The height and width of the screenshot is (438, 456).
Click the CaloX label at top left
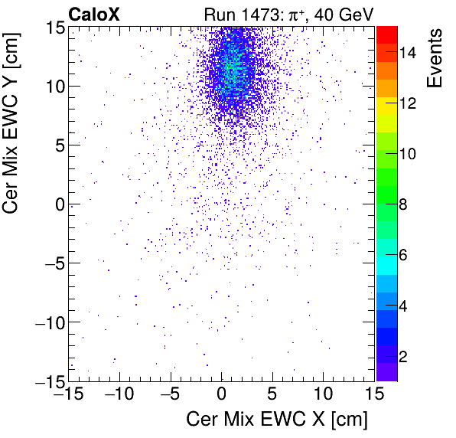coord(94,14)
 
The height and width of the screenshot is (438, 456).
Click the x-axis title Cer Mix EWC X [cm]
coord(277,420)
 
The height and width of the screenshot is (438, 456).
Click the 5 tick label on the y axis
coord(56,145)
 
